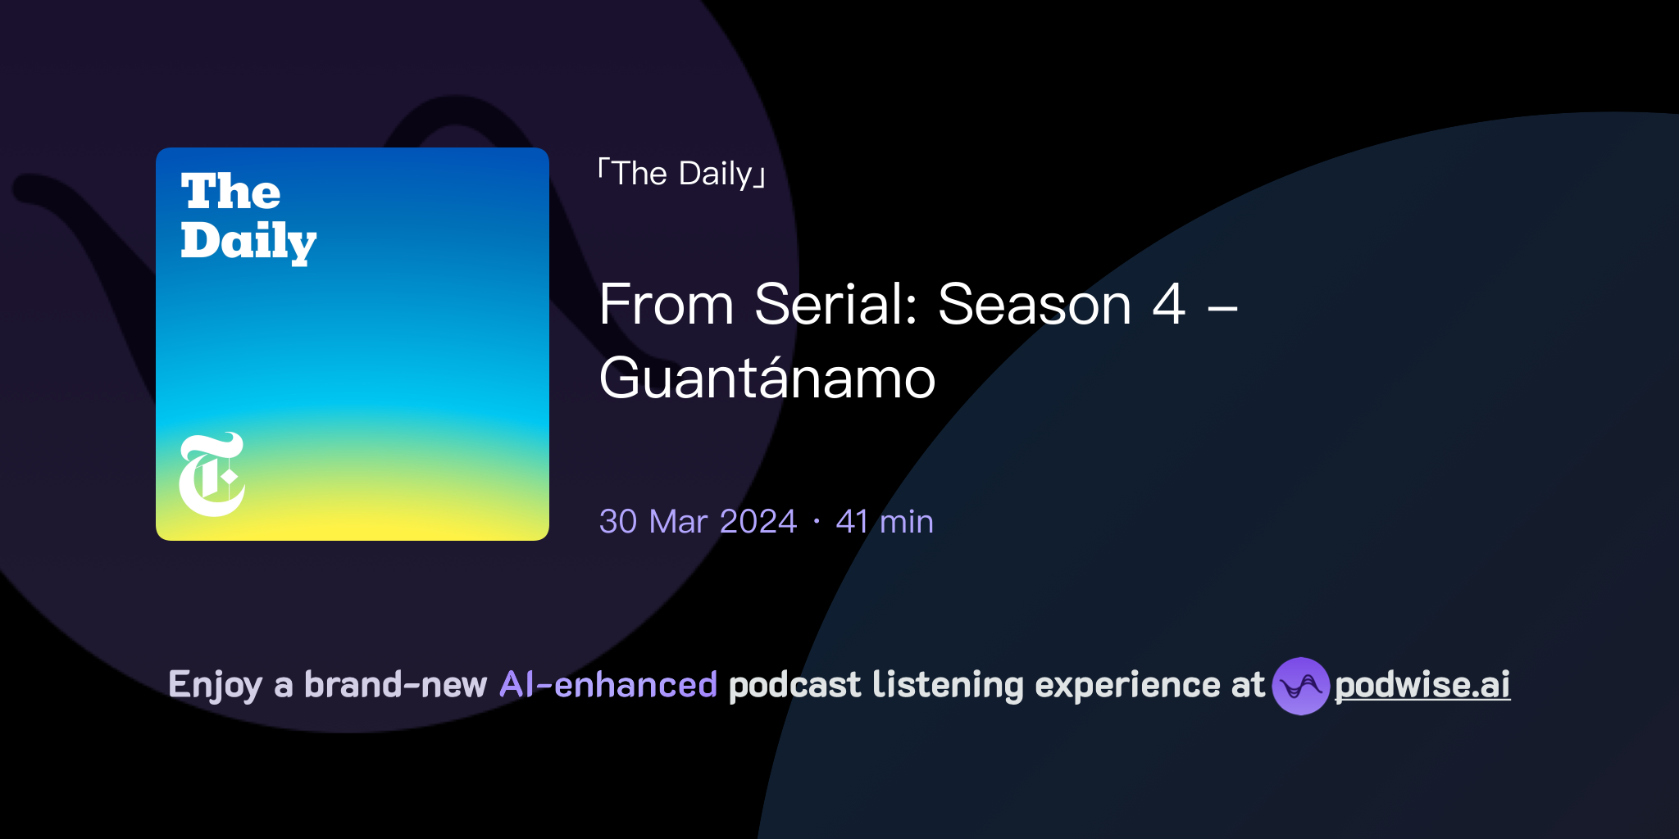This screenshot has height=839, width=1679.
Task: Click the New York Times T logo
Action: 212,474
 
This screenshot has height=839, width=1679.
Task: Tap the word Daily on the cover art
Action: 248,241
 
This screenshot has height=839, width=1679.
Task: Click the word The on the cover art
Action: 230,192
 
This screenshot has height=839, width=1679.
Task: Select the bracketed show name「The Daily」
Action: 682,174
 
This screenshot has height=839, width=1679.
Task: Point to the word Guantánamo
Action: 767,379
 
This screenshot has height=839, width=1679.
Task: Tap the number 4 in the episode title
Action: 1168,305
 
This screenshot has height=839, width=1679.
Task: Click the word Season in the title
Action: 1035,305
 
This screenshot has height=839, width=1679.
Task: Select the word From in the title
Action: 666,305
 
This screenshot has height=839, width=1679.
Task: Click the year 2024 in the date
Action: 758,522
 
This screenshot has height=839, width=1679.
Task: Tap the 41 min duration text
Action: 885,522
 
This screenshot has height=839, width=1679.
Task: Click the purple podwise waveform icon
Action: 1300,686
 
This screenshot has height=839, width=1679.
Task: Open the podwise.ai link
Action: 1422,685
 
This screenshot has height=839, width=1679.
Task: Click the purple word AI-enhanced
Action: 608,685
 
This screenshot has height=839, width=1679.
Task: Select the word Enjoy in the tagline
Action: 215,685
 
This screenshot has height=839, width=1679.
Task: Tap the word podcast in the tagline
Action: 794,685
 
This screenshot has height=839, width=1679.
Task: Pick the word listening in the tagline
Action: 948,685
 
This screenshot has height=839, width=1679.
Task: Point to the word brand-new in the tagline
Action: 395,685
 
